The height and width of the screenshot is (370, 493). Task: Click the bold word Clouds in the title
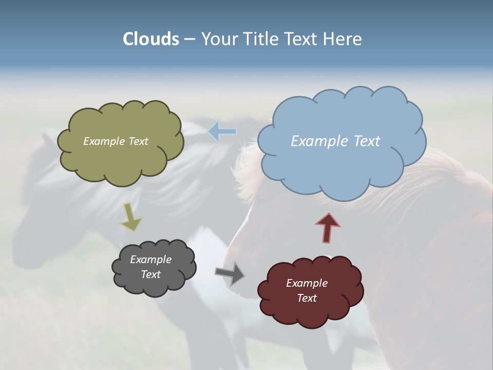pyautogui.click(x=150, y=39)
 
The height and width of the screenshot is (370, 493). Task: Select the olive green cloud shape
pyautogui.click(x=121, y=162)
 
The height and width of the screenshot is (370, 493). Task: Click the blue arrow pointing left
pyautogui.click(x=222, y=131)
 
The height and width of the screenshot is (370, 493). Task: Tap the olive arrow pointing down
pyautogui.click(x=130, y=217)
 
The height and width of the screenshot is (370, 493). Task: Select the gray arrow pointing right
pyautogui.click(x=230, y=273)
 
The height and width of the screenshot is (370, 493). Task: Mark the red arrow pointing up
pyautogui.click(x=328, y=227)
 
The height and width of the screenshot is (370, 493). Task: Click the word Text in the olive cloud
pyautogui.click(x=139, y=141)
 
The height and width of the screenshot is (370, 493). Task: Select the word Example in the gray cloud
pyautogui.click(x=150, y=260)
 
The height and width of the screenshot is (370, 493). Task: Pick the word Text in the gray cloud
pyautogui.click(x=151, y=274)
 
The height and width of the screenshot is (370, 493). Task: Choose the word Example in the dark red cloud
pyautogui.click(x=307, y=283)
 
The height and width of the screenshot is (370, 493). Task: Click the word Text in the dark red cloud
pyautogui.click(x=307, y=298)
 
